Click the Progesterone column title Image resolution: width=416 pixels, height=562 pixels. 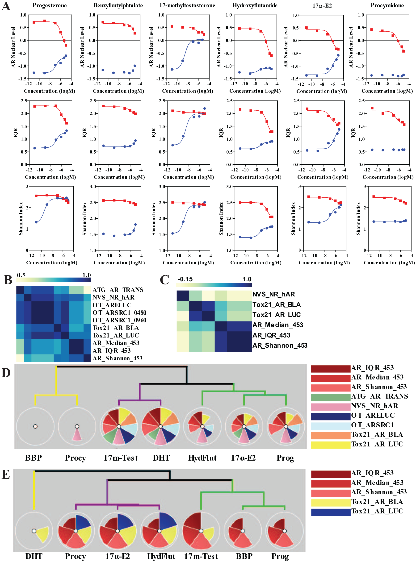tap(50, 5)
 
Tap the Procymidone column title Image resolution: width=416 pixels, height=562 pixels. tap(387, 5)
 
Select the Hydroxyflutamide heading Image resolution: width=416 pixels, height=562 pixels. tap(255, 5)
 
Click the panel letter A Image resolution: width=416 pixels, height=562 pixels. tap(6, 6)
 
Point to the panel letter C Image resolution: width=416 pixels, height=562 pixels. tap(164, 280)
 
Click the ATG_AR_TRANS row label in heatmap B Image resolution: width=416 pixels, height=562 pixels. tap(118, 290)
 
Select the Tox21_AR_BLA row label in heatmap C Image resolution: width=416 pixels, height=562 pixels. tap(277, 304)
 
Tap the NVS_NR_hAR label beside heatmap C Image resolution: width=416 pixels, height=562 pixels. tap(273, 294)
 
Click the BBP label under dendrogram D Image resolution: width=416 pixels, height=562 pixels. tap(34, 458)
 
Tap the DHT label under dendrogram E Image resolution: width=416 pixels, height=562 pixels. tap(34, 556)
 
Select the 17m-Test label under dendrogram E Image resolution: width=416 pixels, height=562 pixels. tap(201, 556)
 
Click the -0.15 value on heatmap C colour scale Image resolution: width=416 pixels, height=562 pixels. tap(185, 279)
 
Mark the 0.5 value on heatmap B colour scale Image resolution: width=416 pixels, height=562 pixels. tap(21, 275)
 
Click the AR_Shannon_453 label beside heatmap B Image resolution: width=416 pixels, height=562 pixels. tap(117, 358)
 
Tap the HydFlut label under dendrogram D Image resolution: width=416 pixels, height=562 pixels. tap(202, 458)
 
